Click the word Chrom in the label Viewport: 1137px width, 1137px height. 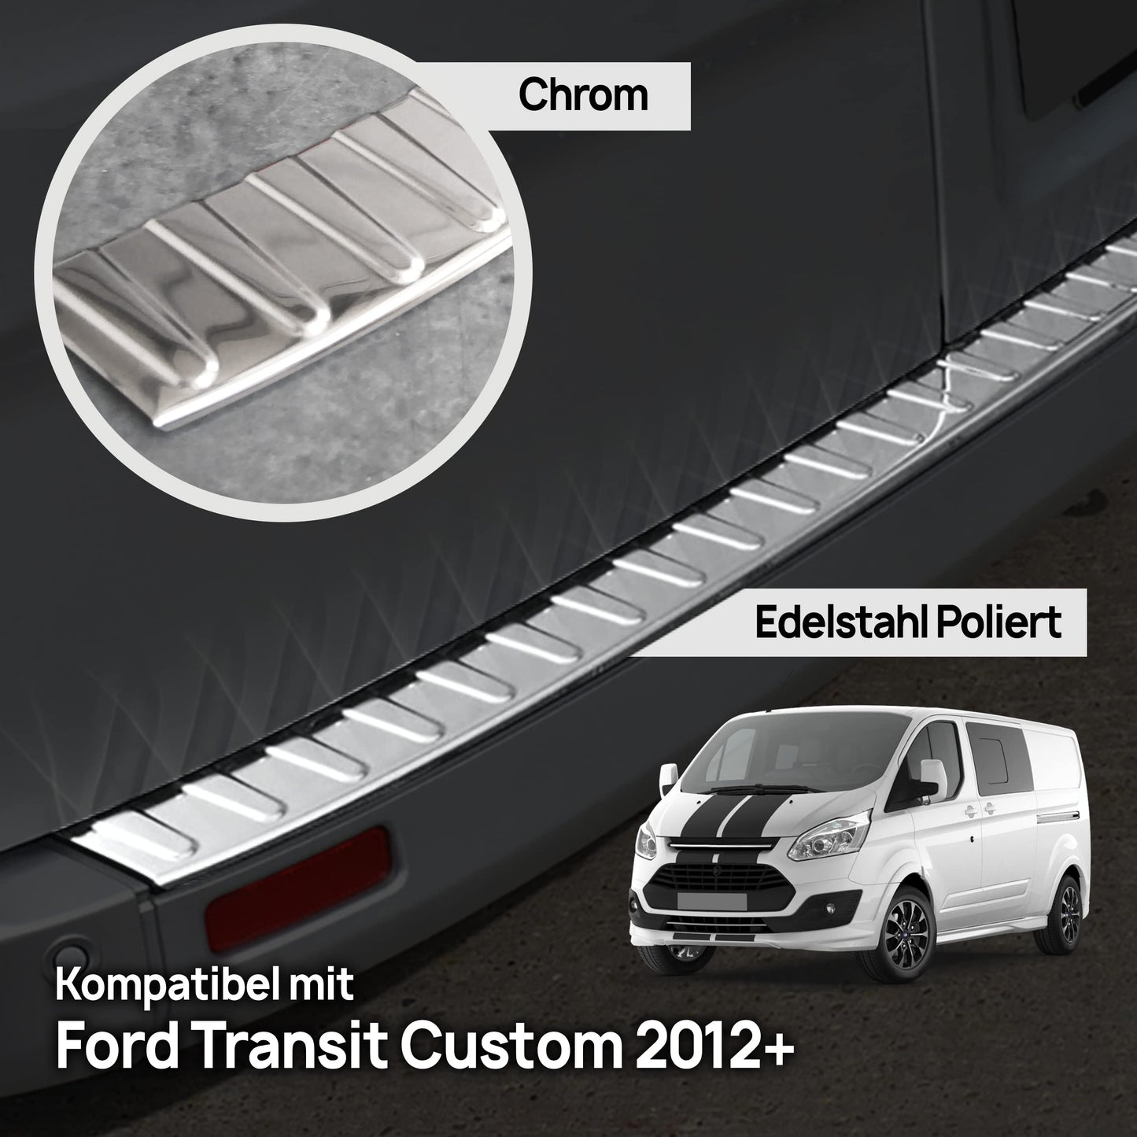pyautogui.click(x=583, y=96)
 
